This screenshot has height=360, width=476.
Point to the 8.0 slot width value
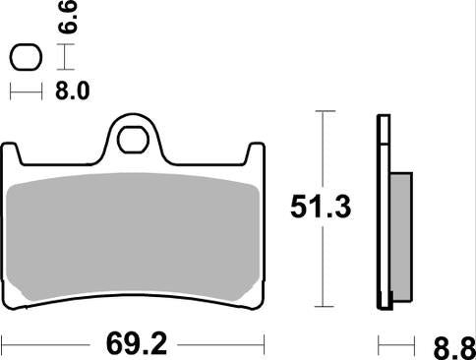(x=76, y=92)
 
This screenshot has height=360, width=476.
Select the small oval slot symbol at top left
(x=26, y=59)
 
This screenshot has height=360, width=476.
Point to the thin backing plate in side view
(x=383, y=211)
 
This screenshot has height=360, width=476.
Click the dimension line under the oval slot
(x=26, y=92)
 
